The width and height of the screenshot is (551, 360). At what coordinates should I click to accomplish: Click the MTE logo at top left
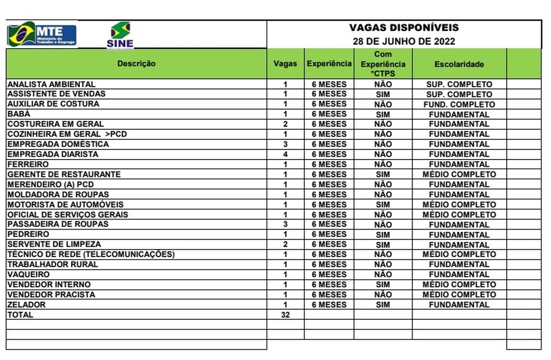(42, 34)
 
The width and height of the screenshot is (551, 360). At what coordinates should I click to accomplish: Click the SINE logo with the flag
(120, 35)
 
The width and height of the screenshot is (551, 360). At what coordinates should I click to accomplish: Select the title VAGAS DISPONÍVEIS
(404, 27)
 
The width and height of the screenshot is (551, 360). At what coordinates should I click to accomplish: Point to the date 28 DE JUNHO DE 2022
(404, 41)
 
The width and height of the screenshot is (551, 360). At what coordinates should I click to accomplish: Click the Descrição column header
(136, 64)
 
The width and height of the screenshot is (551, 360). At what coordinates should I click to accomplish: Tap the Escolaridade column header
(459, 64)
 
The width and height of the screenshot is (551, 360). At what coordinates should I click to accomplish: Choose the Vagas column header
(285, 64)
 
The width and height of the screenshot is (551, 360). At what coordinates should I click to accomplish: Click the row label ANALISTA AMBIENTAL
(52, 84)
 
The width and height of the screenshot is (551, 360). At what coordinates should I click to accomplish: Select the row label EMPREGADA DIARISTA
(53, 154)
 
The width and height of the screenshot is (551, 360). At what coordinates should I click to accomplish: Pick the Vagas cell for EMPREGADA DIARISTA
(285, 154)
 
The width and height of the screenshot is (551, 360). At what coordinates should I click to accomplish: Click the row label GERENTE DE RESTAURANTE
(63, 174)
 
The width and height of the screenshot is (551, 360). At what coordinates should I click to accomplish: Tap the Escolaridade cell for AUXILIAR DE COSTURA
(459, 104)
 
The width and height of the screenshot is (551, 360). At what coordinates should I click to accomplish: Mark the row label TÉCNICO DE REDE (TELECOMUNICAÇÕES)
(91, 254)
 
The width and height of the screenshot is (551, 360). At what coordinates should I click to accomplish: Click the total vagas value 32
(285, 315)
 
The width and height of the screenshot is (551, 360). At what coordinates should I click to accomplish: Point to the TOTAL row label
(20, 315)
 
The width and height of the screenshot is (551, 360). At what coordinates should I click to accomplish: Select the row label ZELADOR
(26, 305)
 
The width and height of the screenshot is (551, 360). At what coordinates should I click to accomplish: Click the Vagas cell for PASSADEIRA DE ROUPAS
(285, 225)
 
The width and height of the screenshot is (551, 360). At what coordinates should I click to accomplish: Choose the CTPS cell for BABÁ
(383, 114)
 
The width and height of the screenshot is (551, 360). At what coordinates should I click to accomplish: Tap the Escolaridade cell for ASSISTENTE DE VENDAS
(459, 94)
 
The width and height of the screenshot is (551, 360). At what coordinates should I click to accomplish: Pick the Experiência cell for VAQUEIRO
(329, 274)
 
